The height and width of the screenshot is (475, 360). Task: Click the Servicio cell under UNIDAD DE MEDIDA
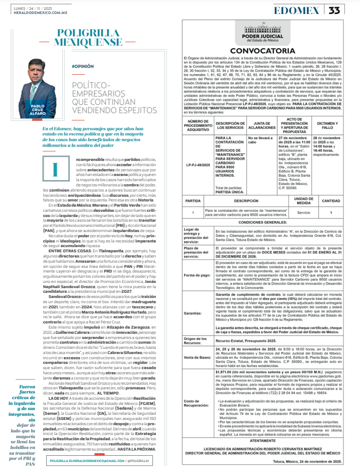(303, 212)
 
